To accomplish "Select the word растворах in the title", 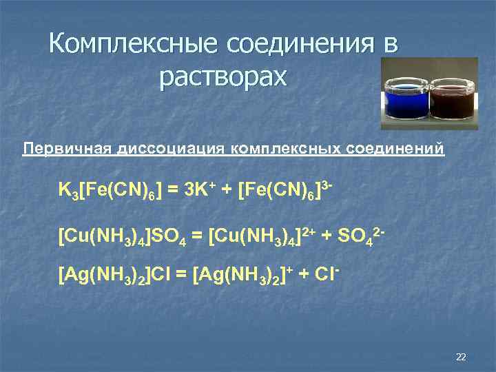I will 223,77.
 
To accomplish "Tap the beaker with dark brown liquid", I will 451,101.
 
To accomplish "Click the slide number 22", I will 461,356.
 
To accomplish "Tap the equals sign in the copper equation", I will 196,237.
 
